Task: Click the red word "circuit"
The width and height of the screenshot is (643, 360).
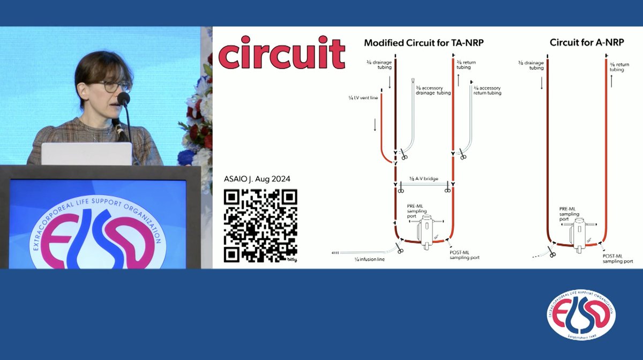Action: click(x=281, y=52)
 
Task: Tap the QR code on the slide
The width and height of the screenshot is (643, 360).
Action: click(x=260, y=226)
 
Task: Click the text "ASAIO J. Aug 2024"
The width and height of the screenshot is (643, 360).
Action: click(x=258, y=178)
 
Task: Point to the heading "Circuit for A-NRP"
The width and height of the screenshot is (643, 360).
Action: click(x=587, y=42)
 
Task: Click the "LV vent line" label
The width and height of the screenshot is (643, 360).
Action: click(x=363, y=99)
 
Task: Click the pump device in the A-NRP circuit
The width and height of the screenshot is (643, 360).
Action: click(x=578, y=232)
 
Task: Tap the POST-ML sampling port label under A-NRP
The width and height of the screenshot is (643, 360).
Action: click(x=617, y=258)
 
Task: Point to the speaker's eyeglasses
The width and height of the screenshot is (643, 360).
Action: click(x=115, y=86)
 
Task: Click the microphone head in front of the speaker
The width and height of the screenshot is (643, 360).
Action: click(x=123, y=99)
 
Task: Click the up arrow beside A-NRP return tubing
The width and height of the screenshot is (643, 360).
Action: click(x=612, y=81)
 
